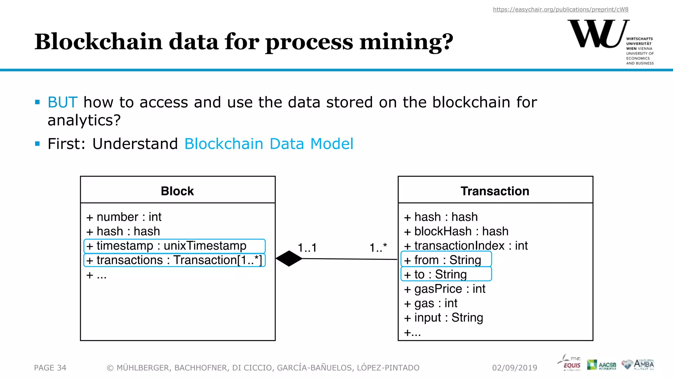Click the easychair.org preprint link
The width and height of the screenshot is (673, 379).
[560, 10]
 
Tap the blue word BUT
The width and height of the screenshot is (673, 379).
[62, 102]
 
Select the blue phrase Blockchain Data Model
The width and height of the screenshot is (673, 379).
[269, 144]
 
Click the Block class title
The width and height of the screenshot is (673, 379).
[177, 191]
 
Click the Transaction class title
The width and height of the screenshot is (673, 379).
[495, 191]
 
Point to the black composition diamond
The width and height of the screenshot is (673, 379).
[289, 259]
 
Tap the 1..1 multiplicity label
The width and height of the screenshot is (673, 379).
[307, 248]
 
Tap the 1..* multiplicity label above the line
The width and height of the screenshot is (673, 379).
[378, 248]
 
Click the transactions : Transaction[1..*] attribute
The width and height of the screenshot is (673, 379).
[174, 260]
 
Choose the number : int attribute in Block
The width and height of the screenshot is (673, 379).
[124, 217]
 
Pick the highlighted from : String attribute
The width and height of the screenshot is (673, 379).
[446, 260]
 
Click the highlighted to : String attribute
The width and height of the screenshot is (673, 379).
[446, 274]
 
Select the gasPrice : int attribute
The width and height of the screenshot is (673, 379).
[445, 289]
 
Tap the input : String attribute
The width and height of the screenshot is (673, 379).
[443, 318]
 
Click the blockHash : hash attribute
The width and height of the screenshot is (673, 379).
[456, 231]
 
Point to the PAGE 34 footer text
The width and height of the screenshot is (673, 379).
[50, 368]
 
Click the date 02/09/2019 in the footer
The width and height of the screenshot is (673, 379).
[515, 368]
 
